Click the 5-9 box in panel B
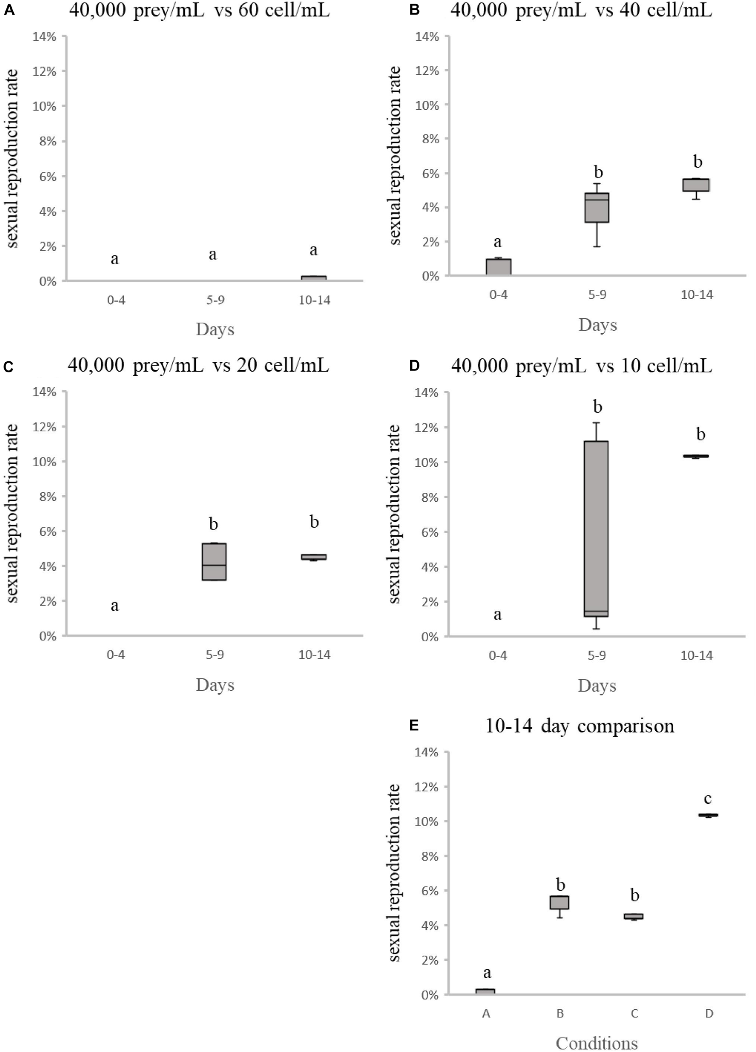596,208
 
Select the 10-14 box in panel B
696,185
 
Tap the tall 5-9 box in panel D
596,529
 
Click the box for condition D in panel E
708,815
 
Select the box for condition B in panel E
559,902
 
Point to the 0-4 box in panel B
498,267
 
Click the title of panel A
199,10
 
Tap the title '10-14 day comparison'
579,726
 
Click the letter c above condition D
708,799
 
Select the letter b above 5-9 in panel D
597,407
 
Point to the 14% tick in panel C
44,392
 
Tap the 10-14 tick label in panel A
314,300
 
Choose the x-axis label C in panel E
634,1014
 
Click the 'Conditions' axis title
596,1043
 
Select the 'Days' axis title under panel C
215,685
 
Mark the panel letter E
414,726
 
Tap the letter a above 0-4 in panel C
115,605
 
